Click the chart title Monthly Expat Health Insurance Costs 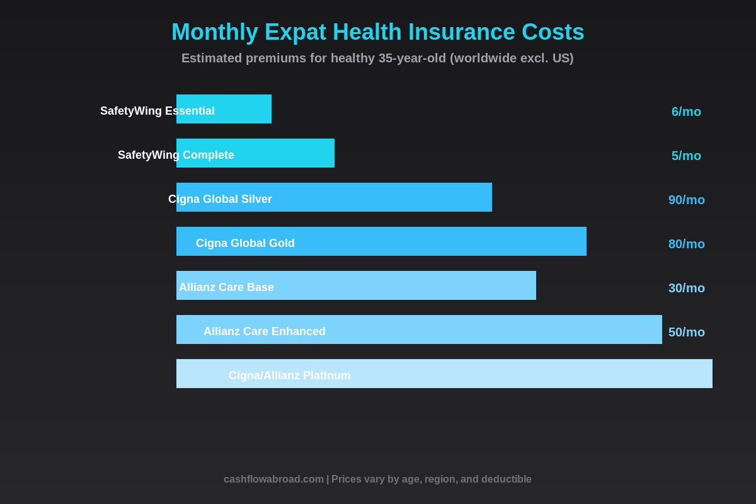378,32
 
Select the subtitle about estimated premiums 377,58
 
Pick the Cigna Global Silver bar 378,197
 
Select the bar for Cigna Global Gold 441,241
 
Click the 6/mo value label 686,112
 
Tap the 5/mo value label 686,156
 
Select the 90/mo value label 687,200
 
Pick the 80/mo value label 687,244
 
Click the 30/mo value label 687,288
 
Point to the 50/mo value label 687,332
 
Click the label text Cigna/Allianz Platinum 290,375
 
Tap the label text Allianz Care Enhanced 265,331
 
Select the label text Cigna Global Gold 245,243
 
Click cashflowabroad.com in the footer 273,479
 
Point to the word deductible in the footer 506,479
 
